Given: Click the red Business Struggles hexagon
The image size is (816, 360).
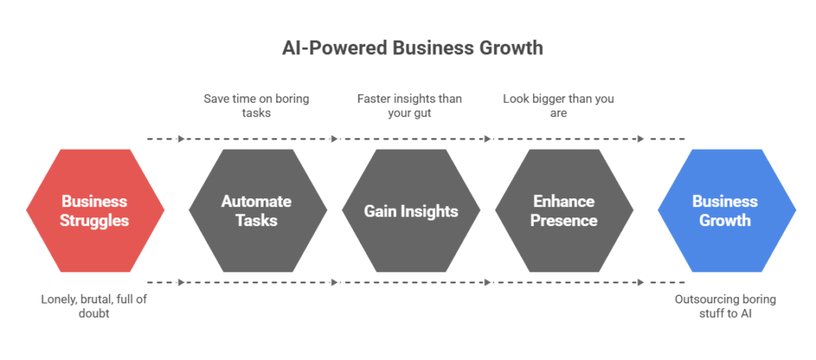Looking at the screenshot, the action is coord(96,211).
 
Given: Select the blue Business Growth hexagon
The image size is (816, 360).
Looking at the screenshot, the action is coord(727,211).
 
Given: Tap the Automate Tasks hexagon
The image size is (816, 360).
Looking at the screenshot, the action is coord(257,211).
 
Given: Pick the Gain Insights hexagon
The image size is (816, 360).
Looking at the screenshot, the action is coord(411,211).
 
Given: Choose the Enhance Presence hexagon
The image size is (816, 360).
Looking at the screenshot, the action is coord(564,211).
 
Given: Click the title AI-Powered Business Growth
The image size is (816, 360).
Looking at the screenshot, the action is coord(412,48).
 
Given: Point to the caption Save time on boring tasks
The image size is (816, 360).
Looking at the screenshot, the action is coord(256,106).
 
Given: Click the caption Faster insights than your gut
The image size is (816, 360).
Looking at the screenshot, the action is coord(410,106).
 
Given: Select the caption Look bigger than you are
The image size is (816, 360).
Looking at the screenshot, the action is coord(559,106).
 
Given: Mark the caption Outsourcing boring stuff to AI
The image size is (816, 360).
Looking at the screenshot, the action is coord(725,307).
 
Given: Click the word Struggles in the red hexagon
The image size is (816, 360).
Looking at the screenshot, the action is coord(94,221).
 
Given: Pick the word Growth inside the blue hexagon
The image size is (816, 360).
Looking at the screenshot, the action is coord(725,221).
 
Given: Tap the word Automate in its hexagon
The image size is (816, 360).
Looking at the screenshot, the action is coord(257,202).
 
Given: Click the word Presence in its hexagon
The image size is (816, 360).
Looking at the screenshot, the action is coord(563,221).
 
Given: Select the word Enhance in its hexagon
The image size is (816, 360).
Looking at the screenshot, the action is coord(563,202).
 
